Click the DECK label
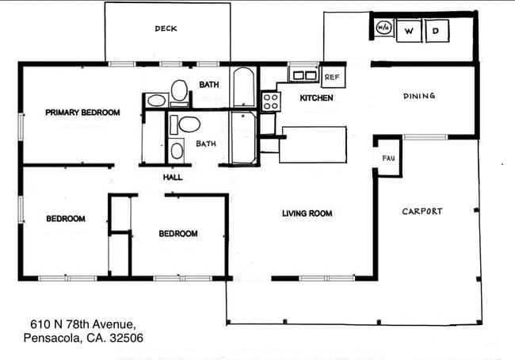pyautogui.click(x=166, y=29)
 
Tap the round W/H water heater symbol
pyautogui.click(x=383, y=29)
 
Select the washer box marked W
pyautogui.click(x=409, y=31)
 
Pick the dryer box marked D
pyautogui.click(x=436, y=31)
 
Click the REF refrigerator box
pyautogui.click(x=333, y=77)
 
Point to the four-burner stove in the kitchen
pyautogui.click(x=270, y=101)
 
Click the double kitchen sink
pyautogui.click(x=303, y=76)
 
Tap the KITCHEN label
pyautogui.click(x=316, y=98)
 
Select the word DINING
pyautogui.click(x=418, y=96)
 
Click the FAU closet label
pyautogui.click(x=388, y=159)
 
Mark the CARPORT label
pyautogui.click(x=422, y=212)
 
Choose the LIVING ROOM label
pyautogui.click(x=307, y=213)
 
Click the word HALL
pyautogui.click(x=173, y=178)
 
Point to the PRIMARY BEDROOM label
pyautogui.click(x=82, y=113)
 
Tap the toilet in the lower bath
pyautogui.click(x=188, y=124)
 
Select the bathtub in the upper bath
pyautogui.click(x=243, y=87)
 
